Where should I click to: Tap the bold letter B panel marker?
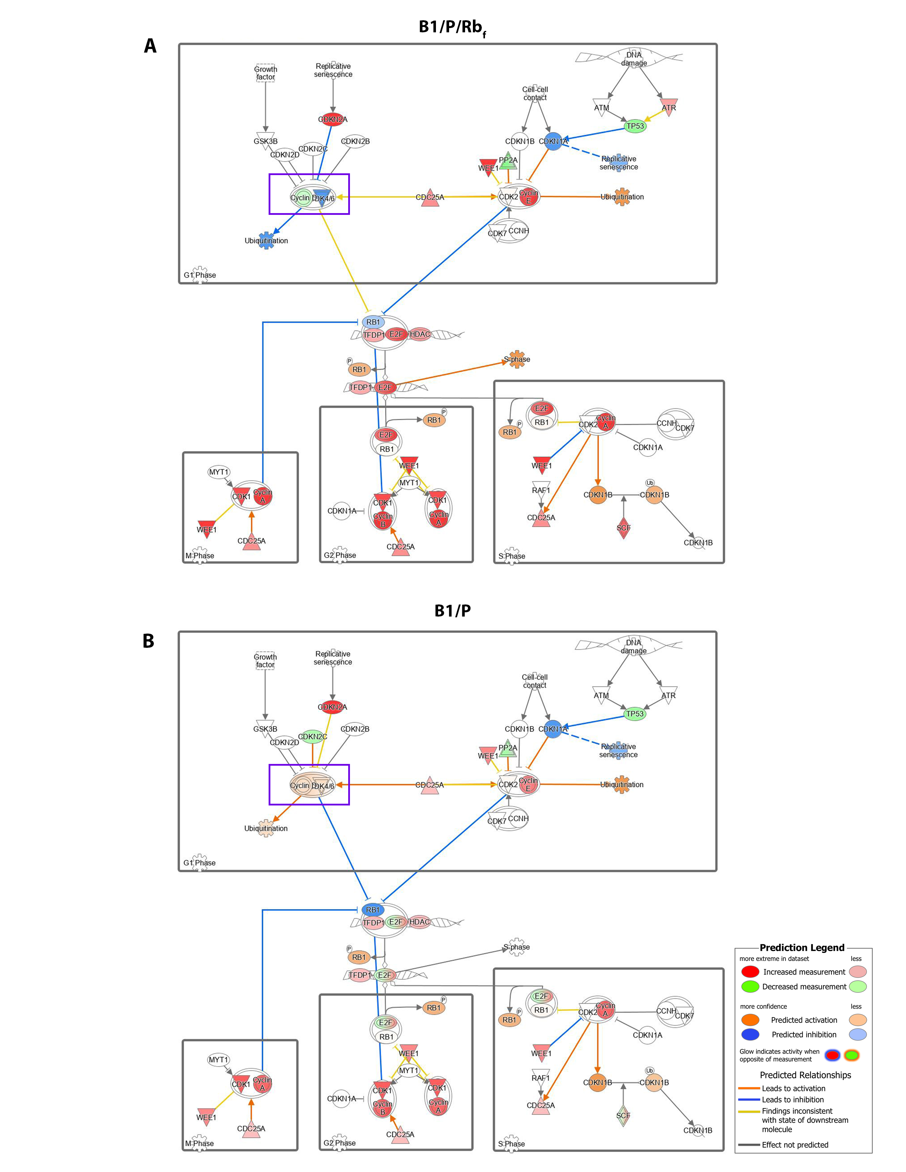(149, 641)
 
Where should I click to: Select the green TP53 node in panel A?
(635, 126)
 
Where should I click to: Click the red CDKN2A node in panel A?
(333, 119)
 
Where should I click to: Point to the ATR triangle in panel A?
(669, 106)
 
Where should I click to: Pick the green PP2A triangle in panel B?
(508, 748)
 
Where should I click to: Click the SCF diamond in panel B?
(623, 1116)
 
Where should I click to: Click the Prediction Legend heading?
(802, 948)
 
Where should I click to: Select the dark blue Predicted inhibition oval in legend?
(750, 1034)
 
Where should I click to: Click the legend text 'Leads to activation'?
(794, 1088)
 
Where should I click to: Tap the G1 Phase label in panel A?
(200, 275)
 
